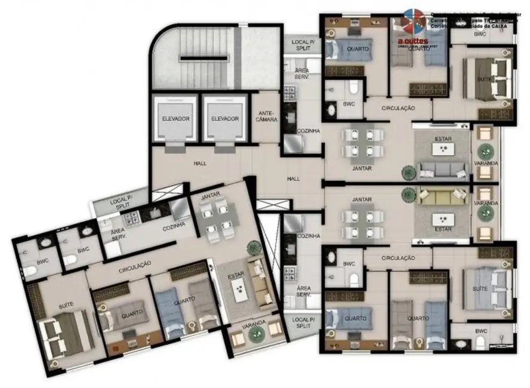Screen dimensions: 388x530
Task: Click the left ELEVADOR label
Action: [x=175, y=119]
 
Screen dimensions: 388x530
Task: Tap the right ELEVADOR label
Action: [x=224, y=119]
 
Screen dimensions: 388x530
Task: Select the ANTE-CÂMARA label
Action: [x=267, y=116]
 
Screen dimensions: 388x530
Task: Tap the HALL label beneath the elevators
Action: [x=199, y=163]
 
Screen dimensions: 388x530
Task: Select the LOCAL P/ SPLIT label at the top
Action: [x=300, y=45]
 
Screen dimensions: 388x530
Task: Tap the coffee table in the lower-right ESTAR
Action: [x=443, y=218]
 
